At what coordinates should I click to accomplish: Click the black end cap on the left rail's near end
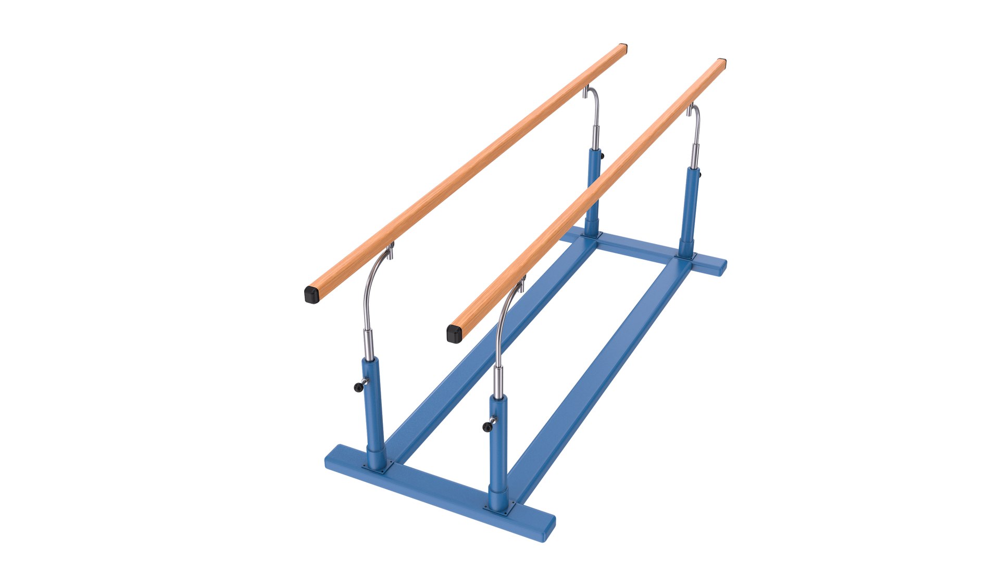[x=311, y=295]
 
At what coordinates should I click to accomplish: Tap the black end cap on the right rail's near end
[x=454, y=334]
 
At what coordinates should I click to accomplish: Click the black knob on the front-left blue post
[x=358, y=387]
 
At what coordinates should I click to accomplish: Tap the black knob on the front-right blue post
[x=488, y=427]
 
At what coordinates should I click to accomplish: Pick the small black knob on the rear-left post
[x=602, y=155]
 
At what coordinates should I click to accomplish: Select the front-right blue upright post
[x=498, y=448]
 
